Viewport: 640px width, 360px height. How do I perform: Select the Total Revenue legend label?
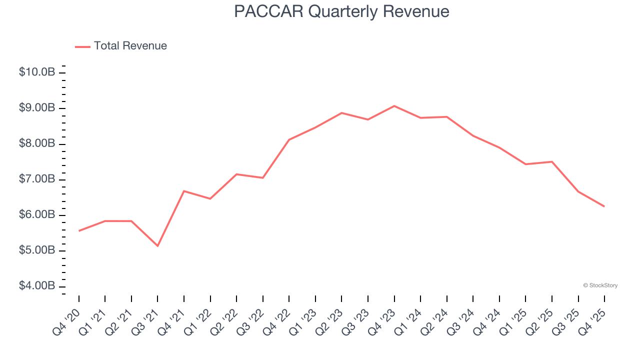pos(130,46)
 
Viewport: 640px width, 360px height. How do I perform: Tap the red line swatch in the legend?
pos(82,46)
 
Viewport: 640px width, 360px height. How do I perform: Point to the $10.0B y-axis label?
pos(37,72)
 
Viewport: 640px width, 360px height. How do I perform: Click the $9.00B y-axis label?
pos(37,108)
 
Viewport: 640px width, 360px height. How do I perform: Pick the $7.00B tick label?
pos(37,179)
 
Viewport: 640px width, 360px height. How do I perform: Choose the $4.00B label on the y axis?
pos(37,286)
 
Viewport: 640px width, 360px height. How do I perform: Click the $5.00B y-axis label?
pos(37,250)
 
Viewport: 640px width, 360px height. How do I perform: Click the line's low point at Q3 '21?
pos(157,246)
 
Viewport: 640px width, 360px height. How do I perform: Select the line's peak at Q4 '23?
pos(394,106)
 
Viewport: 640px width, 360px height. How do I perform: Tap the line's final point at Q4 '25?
pos(604,206)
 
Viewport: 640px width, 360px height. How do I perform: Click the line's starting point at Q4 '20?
pos(79,231)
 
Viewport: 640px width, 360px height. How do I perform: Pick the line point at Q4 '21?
pos(184,191)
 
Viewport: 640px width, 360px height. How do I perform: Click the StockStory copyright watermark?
pos(600,285)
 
